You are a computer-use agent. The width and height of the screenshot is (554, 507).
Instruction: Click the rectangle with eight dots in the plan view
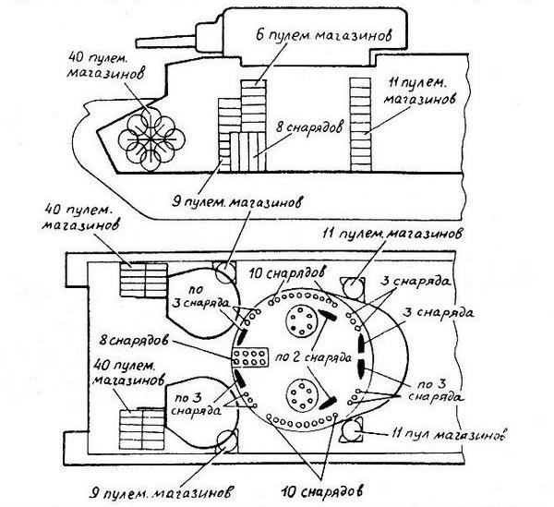pyautogui.click(x=250, y=357)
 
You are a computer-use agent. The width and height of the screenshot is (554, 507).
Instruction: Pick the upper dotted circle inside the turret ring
pyautogui.click(x=300, y=320)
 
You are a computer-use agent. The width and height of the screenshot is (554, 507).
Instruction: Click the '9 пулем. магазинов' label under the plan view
pyautogui.click(x=168, y=486)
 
